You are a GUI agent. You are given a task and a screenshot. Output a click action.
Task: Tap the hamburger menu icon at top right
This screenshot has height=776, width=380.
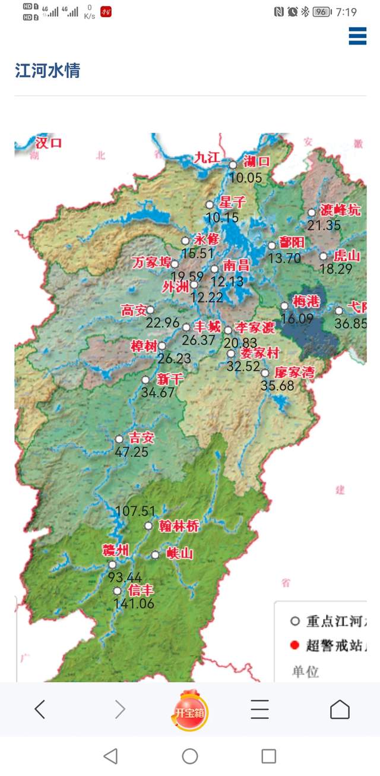[x=357, y=36]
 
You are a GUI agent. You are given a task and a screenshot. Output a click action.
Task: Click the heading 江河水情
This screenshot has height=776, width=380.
[x=47, y=71]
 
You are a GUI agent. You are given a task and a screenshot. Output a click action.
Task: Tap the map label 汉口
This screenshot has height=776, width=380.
[x=49, y=143]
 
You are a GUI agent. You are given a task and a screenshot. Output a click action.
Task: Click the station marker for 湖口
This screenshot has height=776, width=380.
[x=233, y=165]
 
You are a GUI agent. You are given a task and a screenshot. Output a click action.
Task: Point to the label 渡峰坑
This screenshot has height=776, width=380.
[x=340, y=210]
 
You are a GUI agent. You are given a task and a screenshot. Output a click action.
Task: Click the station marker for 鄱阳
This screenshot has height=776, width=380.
[x=272, y=245]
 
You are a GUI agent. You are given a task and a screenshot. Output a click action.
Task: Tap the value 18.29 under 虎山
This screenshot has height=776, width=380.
[x=336, y=269]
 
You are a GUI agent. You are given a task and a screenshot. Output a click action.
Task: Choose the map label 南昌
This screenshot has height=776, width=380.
[x=236, y=266]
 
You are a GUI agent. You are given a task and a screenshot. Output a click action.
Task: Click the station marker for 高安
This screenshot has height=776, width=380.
[x=150, y=310]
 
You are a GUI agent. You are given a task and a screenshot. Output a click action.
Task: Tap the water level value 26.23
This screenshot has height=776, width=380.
[x=175, y=359]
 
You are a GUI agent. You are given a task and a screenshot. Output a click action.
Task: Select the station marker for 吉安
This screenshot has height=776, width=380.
[x=119, y=439]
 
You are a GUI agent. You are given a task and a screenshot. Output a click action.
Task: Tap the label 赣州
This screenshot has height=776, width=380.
[x=115, y=550]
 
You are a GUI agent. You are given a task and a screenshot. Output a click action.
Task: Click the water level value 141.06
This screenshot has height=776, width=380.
[x=134, y=604]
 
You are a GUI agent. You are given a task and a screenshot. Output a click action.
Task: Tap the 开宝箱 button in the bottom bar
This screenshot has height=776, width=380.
[x=189, y=711]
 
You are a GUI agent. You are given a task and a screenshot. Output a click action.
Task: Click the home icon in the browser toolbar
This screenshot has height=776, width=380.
[x=340, y=709]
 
